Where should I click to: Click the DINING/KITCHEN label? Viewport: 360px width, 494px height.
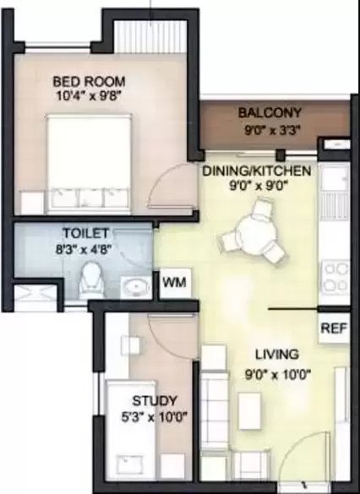257,171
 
